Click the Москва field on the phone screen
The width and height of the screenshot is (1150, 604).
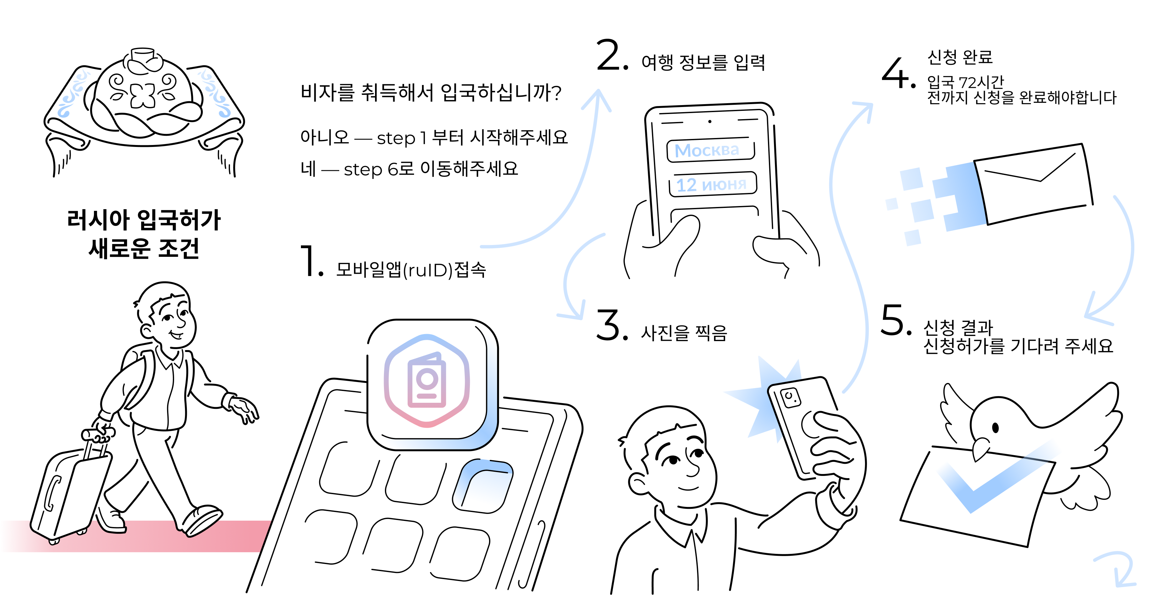tap(710, 150)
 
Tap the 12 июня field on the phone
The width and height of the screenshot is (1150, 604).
tap(712, 184)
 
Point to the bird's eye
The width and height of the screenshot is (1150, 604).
tap(995, 428)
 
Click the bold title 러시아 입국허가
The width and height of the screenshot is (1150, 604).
tap(144, 220)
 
